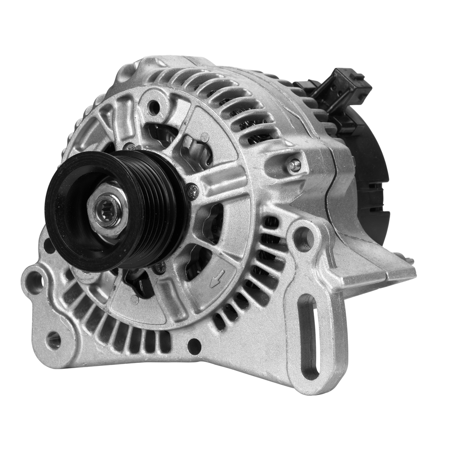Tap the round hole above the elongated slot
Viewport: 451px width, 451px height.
(x=304, y=238)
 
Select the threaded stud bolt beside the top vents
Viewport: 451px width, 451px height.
(x=294, y=166)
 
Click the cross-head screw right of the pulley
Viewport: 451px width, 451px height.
(x=192, y=191)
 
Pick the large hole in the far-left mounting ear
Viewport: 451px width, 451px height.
(x=34, y=282)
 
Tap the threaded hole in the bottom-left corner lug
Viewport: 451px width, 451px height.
(x=54, y=340)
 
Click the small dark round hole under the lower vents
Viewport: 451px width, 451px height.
(x=194, y=346)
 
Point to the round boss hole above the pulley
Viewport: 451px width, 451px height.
(x=154, y=107)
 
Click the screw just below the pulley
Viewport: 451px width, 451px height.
(x=160, y=267)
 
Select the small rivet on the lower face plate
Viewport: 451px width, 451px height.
(x=135, y=300)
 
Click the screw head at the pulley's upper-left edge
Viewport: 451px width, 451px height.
(x=130, y=147)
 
